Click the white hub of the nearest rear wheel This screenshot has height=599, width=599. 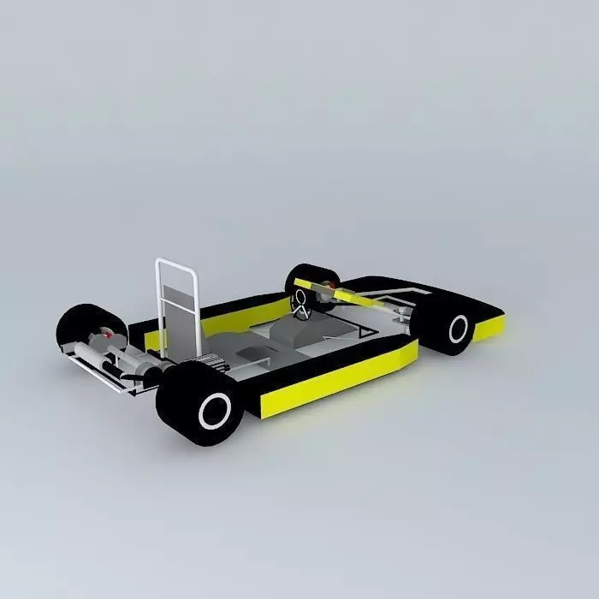[x=215, y=412]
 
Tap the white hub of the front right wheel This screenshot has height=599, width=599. [x=459, y=329]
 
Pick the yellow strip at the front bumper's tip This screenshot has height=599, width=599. [x=489, y=327]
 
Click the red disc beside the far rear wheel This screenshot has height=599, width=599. [x=109, y=336]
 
